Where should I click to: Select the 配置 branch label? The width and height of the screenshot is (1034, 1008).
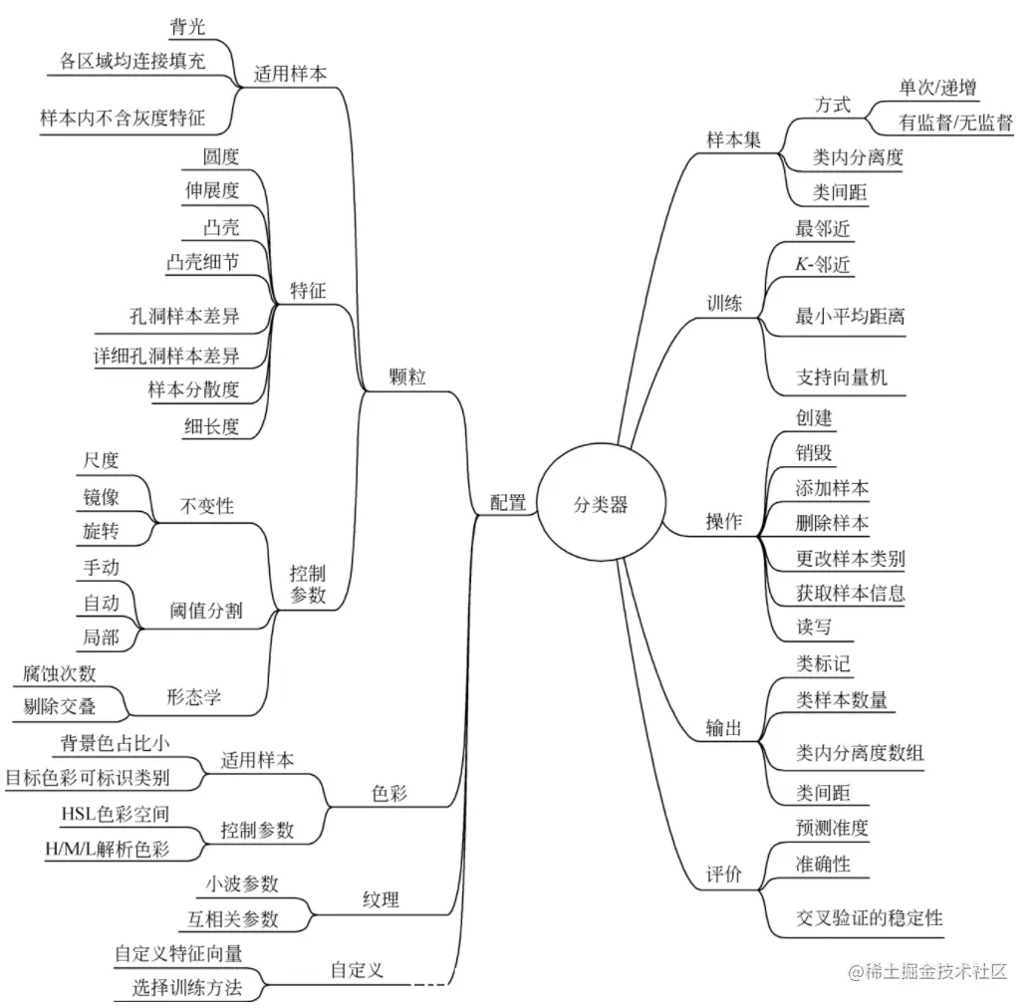(x=508, y=503)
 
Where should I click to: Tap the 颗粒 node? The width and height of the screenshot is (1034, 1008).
(x=408, y=378)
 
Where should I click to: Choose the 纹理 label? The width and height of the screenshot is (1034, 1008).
(x=381, y=900)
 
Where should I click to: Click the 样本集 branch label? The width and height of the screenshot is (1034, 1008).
(x=733, y=140)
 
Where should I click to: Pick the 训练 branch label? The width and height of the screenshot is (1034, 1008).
(x=724, y=304)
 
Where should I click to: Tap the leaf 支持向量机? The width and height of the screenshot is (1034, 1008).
(x=841, y=378)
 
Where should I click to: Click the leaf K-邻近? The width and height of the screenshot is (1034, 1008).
(x=823, y=265)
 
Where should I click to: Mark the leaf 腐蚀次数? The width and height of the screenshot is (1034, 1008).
(x=60, y=673)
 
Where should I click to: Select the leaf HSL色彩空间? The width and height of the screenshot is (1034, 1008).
(x=115, y=814)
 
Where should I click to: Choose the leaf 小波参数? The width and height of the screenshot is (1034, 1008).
(x=242, y=883)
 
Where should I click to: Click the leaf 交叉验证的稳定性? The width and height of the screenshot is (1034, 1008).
(x=869, y=917)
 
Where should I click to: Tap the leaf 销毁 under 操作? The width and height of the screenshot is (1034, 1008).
(x=814, y=453)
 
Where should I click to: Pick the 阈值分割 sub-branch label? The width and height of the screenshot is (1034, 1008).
(x=207, y=611)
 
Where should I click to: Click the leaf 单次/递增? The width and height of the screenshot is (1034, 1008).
(x=937, y=88)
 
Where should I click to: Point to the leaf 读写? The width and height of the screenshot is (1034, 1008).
(x=813, y=628)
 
